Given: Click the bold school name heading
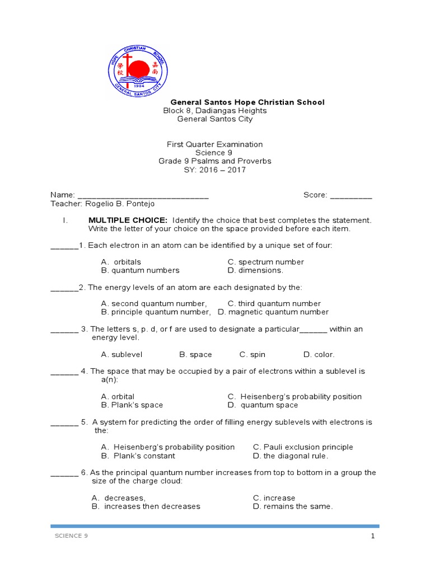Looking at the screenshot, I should point(247,102).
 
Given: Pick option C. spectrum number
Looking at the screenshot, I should point(265,262).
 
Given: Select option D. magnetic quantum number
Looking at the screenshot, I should point(273,312).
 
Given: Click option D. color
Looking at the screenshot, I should point(319,354).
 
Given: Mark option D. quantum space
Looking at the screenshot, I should point(263,405).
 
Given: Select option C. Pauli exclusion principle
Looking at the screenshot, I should point(303,447).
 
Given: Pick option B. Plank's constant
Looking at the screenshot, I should point(130,455).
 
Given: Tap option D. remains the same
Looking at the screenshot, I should point(293,506).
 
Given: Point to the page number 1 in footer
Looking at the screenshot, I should point(372,536).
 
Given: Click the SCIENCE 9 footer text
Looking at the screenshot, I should point(71,536).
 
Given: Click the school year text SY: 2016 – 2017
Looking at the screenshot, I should point(214,170).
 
